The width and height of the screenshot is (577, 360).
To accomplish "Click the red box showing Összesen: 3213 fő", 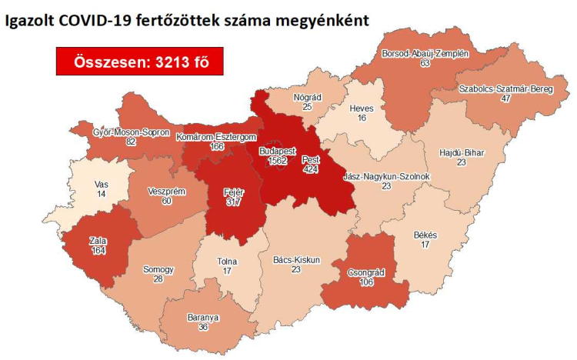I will coord(138,62).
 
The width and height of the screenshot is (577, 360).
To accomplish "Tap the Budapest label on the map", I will coord(273,152).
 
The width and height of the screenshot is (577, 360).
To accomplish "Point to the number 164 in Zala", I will coord(97,250).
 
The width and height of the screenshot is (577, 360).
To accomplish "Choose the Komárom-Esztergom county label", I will coord(205,137).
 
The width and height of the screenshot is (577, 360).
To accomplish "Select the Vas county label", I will coord(102,185).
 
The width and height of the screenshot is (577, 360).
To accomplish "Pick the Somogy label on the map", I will coord(158,270).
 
